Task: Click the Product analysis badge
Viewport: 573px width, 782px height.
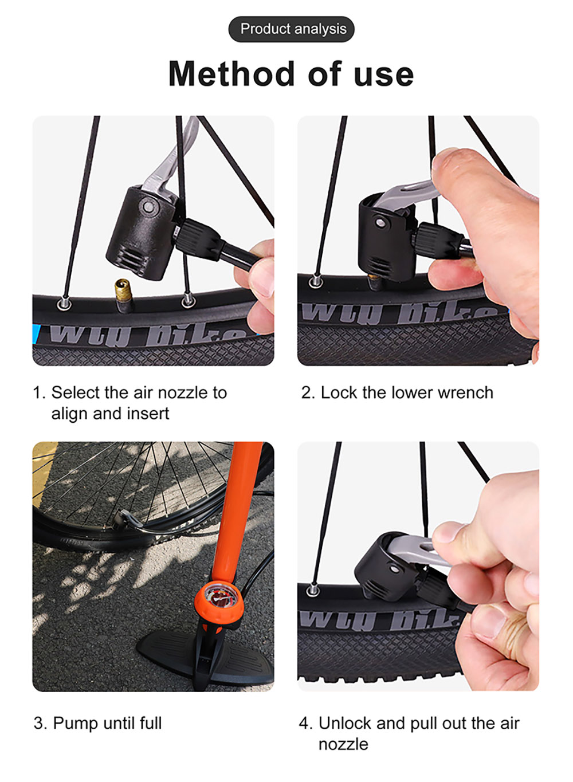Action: coord(292,29)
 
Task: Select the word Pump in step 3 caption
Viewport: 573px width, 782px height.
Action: coord(75,724)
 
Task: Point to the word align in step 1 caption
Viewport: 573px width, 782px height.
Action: coord(70,414)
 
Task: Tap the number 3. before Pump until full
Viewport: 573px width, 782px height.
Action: coord(40,724)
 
